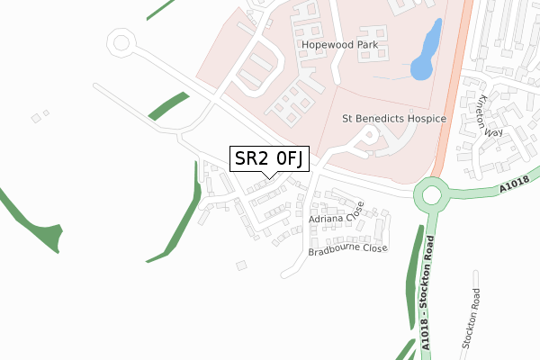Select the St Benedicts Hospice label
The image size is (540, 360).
point(394,118)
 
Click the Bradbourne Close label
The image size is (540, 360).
point(347,248)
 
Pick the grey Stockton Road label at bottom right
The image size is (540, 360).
point(472,319)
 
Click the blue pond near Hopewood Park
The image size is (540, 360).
point(426,51)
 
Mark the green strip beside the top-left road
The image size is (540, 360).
point(168,105)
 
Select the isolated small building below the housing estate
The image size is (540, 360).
point(240,265)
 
